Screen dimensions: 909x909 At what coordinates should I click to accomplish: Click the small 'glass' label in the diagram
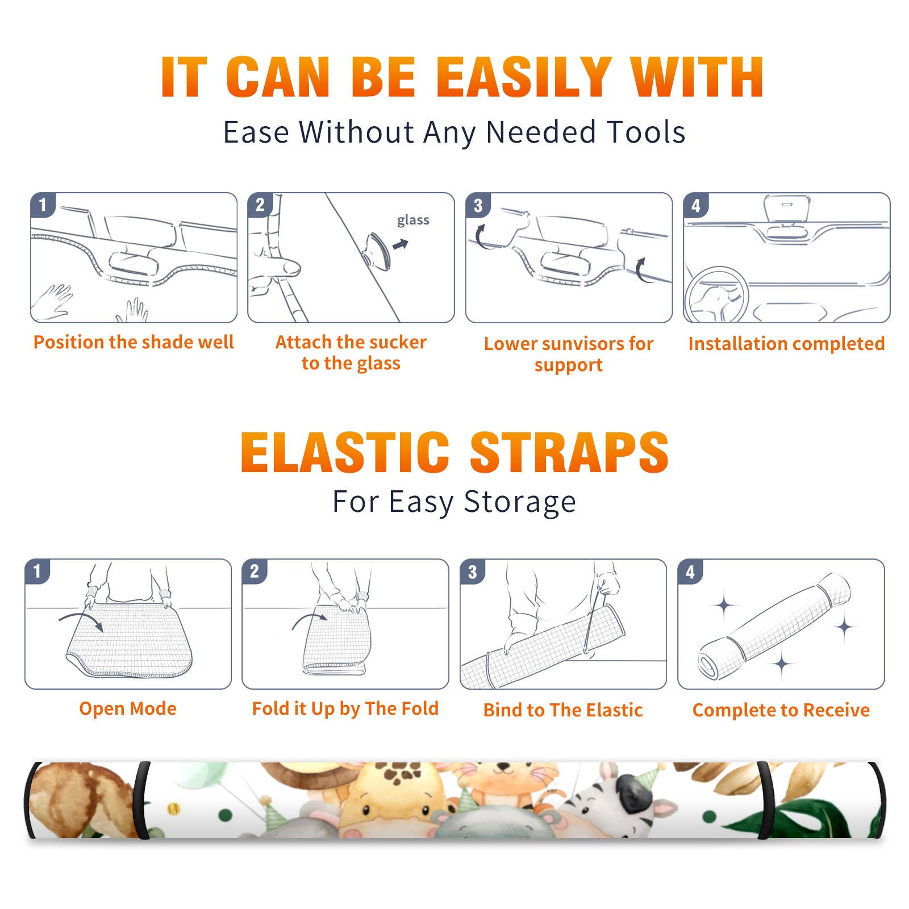coord(413,220)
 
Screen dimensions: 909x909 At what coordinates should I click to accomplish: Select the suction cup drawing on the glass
coord(377,251)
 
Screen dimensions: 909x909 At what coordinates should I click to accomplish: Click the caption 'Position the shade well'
coord(134,342)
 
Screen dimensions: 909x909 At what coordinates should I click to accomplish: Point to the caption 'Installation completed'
coord(786,343)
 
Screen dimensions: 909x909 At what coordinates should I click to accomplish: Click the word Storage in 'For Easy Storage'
coord(520,502)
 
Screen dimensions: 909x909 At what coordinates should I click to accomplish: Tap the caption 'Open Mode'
coord(128,708)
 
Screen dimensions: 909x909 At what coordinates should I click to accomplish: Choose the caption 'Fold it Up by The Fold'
coord(345,708)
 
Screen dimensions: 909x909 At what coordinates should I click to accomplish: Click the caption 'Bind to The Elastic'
coord(563,710)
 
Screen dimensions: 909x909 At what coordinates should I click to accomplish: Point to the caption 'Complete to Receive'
coord(781,710)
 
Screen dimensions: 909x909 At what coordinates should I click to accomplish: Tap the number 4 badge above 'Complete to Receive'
coord(690,572)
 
